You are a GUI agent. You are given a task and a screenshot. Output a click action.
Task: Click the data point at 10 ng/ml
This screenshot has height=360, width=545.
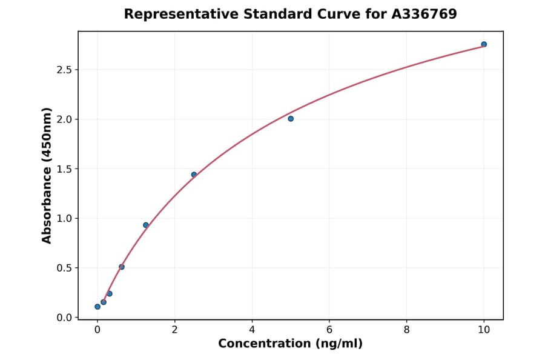click(484, 44)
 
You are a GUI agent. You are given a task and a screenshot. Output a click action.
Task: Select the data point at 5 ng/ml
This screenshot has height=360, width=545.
click(291, 119)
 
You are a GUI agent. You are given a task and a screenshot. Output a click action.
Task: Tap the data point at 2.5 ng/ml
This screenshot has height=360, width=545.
click(194, 175)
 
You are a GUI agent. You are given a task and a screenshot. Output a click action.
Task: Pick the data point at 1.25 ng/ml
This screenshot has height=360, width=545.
click(146, 225)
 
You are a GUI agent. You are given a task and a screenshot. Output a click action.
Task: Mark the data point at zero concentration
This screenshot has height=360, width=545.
click(97, 307)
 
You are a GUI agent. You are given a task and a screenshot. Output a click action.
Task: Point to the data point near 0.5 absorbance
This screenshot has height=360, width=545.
click(122, 267)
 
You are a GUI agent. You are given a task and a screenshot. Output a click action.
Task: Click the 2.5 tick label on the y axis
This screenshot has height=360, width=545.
click(64, 70)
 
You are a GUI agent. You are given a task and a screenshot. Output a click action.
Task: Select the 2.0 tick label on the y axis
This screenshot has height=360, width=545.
click(64, 119)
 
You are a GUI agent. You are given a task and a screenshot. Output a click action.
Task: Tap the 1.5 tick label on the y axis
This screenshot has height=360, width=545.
click(64, 169)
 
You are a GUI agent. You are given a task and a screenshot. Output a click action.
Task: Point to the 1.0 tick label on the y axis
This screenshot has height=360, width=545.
click(64, 218)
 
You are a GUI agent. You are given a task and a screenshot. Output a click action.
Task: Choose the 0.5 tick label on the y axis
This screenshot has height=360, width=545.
click(64, 268)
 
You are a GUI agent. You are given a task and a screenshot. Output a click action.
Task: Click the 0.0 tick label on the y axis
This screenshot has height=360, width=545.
click(64, 318)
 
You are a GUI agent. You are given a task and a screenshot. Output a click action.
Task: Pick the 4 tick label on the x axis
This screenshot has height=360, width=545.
click(252, 330)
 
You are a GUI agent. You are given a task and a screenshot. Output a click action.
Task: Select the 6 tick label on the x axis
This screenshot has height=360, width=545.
click(329, 330)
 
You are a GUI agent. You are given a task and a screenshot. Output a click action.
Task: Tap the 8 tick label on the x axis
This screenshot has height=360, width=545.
click(406, 330)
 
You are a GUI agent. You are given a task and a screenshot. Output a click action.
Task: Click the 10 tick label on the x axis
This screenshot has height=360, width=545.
click(484, 330)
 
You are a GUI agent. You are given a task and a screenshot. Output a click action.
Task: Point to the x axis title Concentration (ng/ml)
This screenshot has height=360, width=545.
click(290, 344)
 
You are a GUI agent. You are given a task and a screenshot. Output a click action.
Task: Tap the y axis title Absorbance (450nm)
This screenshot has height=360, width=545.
click(47, 175)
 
